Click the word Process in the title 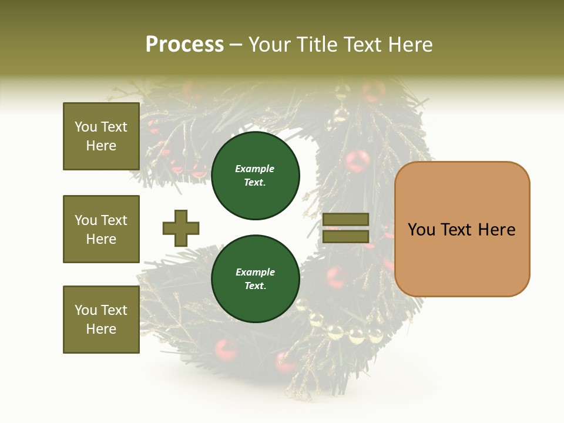pyautogui.click(x=184, y=45)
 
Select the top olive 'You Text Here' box pyautogui.click(x=101, y=136)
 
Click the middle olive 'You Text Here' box pyautogui.click(x=101, y=229)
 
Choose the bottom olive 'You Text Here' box pyautogui.click(x=101, y=320)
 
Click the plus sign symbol pyautogui.click(x=181, y=228)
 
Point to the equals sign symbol pyautogui.click(x=345, y=228)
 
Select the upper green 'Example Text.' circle pyautogui.click(x=256, y=176)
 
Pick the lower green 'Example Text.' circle pyautogui.click(x=256, y=279)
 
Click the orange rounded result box pyautogui.click(x=462, y=229)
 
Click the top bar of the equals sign pyautogui.click(x=345, y=220)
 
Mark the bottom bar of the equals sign pyautogui.click(x=345, y=237)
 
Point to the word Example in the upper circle pyautogui.click(x=254, y=169)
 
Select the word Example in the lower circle pyautogui.click(x=255, y=272)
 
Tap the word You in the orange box pyautogui.click(x=421, y=230)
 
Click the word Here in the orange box pyautogui.click(x=496, y=230)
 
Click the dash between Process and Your pyautogui.click(x=236, y=45)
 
